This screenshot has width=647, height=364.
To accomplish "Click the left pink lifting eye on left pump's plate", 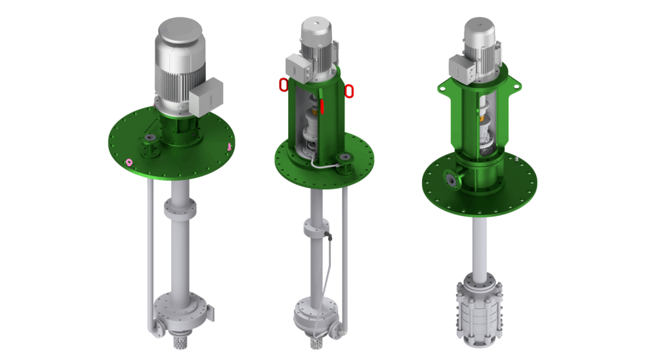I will pyautogui.click(x=130, y=162).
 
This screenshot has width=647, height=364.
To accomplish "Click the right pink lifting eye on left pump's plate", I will pyautogui.click(x=230, y=147).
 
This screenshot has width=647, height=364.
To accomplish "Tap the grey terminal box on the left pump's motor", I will pyautogui.click(x=206, y=97).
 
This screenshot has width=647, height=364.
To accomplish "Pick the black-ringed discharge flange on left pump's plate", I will pyautogui.click(x=150, y=138).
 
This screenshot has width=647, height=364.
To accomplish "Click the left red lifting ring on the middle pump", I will pyautogui.click(x=284, y=85).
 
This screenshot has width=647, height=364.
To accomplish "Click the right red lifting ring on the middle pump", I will pyautogui.click(x=349, y=91).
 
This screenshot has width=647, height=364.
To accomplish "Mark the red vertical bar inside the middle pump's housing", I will pyautogui.click(x=322, y=106).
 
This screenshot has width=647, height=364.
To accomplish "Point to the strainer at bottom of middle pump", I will pyautogui.click(x=316, y=343).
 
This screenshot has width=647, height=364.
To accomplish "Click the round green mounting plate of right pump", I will pyautogui.click(x=514, y=188).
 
